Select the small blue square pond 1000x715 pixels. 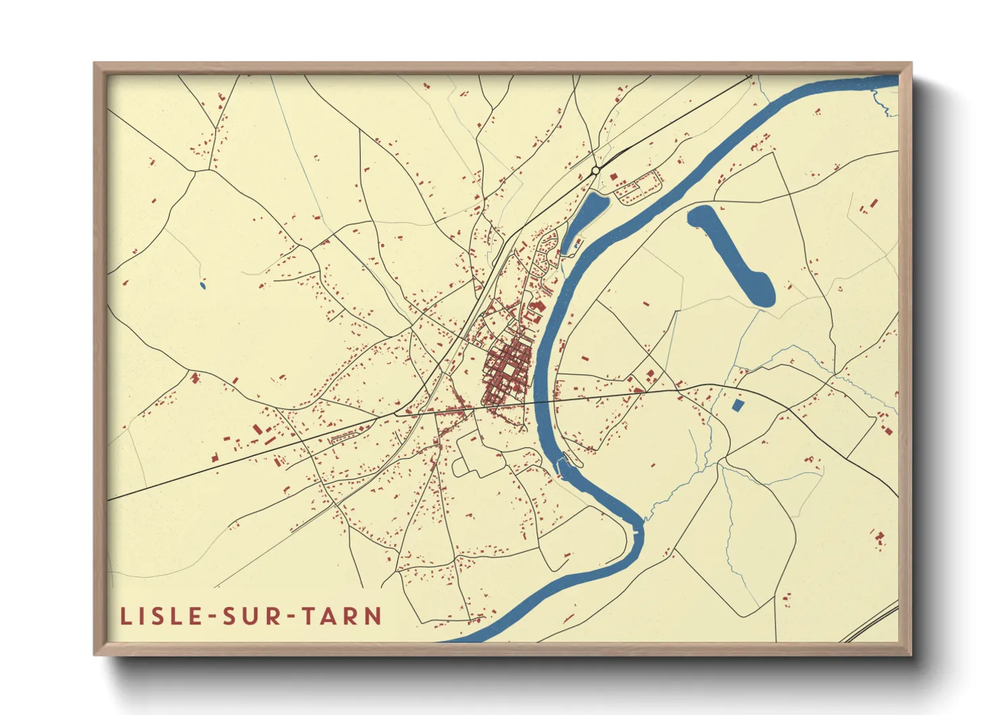coord(738,405)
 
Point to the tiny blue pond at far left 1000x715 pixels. coord(202,286)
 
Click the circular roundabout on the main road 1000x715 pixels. coord(595,170)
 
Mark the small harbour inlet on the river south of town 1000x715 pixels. coord(562,464)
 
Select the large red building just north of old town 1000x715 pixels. coord(539,307)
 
